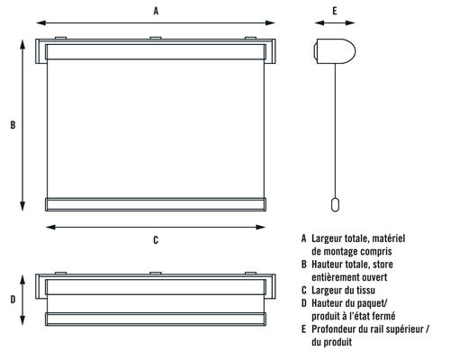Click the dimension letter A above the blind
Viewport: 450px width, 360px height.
pyautogui.click(x=156, y=11)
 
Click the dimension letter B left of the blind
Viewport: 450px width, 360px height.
pyautogui.click(x=12, y=125)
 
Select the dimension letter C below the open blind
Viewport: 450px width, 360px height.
pyautogui.click(x=156, y=240)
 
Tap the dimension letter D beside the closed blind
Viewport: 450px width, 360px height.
pyautogui.click(x=12, y=299)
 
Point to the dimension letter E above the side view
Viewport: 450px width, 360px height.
pyautogui.click(x=334, y=11)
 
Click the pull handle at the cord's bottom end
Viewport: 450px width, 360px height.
pyautogui.click(x=334, y=205)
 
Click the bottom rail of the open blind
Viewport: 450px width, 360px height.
pyautogui.click(x=156, y=204)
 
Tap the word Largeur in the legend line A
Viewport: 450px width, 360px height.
pyautogui.click(x=328, y=238)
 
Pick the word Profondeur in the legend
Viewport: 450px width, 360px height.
pyautogui.click(x=337, y=329)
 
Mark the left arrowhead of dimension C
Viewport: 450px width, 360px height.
pyautogui.click(x=48, y=226)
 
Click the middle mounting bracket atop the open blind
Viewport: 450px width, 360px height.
pyautogui.click(x=156, y=39)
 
